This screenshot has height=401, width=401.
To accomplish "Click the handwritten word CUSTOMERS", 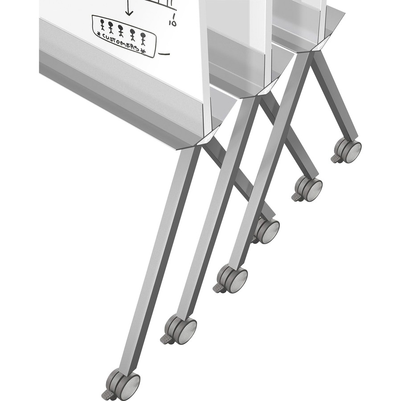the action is (120, 43).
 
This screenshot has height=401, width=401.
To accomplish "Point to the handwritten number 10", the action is (173, 20).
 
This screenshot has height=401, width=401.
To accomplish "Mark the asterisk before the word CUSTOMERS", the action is (98, 33).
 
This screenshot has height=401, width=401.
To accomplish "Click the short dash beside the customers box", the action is (164, 54).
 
